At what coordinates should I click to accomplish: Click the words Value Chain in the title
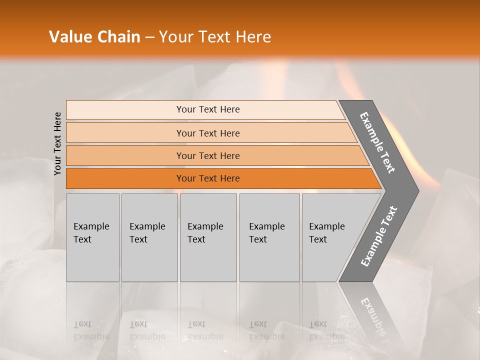94,37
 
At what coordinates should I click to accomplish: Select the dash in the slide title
149,37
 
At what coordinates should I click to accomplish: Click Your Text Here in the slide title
215,37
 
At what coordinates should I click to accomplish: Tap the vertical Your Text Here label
57,143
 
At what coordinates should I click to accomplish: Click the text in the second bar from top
208,133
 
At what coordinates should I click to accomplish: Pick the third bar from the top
208,155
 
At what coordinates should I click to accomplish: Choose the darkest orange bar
208,178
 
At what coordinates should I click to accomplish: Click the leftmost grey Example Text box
92,237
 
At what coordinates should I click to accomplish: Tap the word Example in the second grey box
147,226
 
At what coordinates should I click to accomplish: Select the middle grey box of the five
208,237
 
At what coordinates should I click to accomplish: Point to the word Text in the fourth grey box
258,239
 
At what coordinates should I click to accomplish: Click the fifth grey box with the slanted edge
330,237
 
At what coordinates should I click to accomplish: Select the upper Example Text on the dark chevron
378,142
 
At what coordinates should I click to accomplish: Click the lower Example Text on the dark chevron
379,236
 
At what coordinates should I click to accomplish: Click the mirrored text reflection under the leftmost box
91,330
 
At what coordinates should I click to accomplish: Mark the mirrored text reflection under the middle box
205,330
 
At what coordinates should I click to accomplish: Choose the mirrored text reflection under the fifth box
326,330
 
